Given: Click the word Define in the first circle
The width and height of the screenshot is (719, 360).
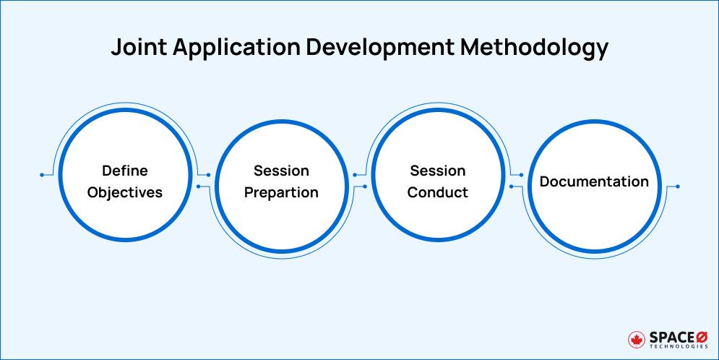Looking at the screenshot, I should coord(124,171).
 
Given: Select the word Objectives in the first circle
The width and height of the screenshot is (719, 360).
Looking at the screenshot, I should coord(124,193).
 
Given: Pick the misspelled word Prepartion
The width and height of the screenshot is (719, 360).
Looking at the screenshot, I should coord(281,193).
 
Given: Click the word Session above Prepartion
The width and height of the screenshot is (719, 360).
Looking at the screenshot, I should coord(281,171).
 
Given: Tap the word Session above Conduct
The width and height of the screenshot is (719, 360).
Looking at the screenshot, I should coord(438,171).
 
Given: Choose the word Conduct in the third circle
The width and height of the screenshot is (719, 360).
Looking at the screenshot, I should coord(438,193).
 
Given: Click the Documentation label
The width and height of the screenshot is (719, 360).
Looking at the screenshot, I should coord(594,182).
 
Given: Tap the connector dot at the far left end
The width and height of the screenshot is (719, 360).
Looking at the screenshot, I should coord(43,175).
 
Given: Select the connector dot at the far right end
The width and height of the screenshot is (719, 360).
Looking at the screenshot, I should coord(677,187).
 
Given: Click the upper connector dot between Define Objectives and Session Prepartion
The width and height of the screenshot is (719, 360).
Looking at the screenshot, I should coord(209,175).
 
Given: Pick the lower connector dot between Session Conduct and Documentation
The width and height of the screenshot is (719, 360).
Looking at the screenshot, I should coord(512,187).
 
